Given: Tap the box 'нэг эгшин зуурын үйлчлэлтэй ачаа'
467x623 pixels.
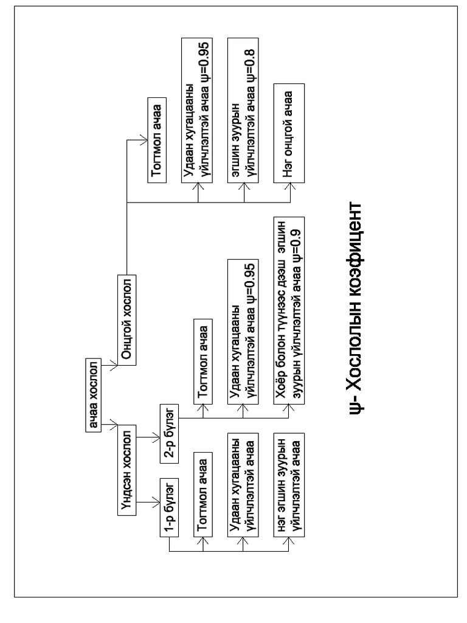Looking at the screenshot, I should [290, 483].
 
